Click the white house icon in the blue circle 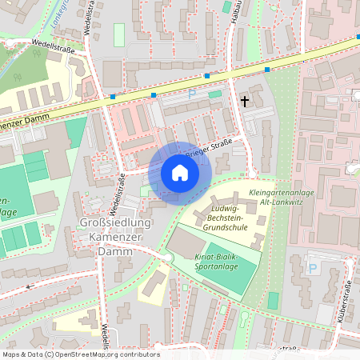[180, 172]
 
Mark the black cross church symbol [245, 101]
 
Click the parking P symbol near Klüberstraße [312, 268]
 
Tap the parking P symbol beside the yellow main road [191, 94]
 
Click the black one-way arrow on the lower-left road [29, 286]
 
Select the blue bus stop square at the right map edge [357, 37]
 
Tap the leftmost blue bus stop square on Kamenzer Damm [113, 97]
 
